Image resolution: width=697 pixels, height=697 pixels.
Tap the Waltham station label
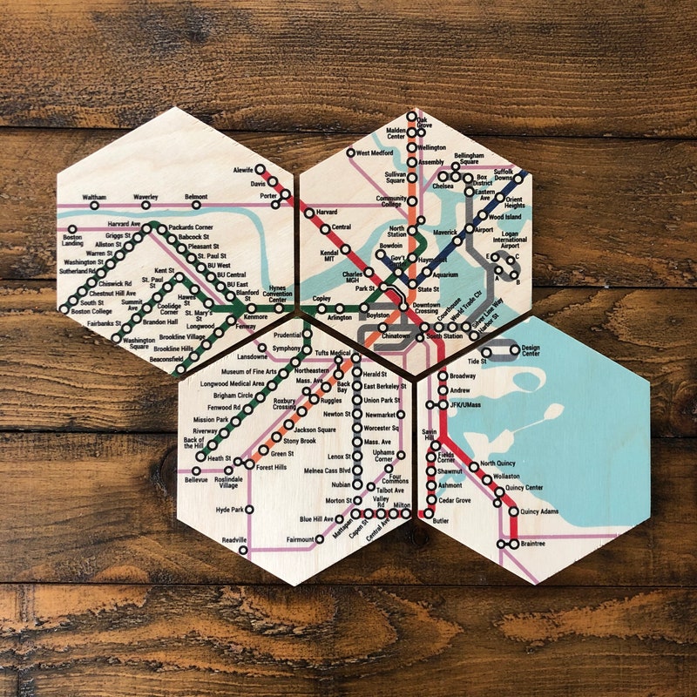pos(94,198)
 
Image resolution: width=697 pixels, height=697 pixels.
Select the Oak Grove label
pos(423,124)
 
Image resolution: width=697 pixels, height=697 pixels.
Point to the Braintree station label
pos(532,544)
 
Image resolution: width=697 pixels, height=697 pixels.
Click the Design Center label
pos(530,351)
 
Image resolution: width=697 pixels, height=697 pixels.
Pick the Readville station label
pos(234,541)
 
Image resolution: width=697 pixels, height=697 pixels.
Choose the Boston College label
pos(91,311)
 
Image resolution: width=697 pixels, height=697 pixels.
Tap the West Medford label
pos(376,153)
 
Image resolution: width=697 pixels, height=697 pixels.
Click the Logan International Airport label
pos(510,240)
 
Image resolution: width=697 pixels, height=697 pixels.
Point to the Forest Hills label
pos(270,466)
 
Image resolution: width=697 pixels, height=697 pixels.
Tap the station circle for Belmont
pos(197,206)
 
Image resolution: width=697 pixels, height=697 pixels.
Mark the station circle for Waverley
pos(145,206)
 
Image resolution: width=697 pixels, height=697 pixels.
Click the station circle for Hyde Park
pos(249,510)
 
